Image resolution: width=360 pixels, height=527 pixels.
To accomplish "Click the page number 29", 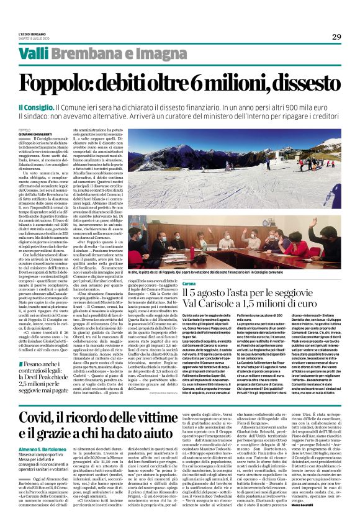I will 336,35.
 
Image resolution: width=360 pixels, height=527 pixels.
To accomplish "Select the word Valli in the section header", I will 32,53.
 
